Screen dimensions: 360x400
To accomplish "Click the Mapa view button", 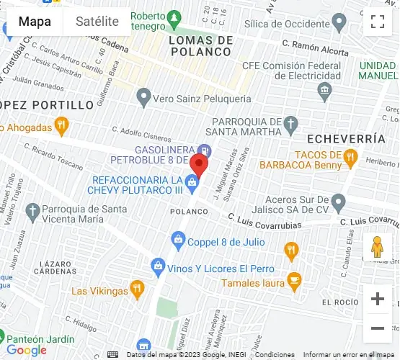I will (x=35, y=22).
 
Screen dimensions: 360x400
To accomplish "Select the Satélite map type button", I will (x=97, y=22).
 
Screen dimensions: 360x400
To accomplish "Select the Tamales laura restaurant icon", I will (x=293, y=279).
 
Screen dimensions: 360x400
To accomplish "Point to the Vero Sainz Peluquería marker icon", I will (x=144, y=97).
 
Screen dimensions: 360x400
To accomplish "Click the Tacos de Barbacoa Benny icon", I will (x=350, y=157).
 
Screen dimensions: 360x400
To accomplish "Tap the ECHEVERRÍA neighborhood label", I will (x=340, y=138).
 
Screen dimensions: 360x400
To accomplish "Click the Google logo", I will (x=27, y=351).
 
